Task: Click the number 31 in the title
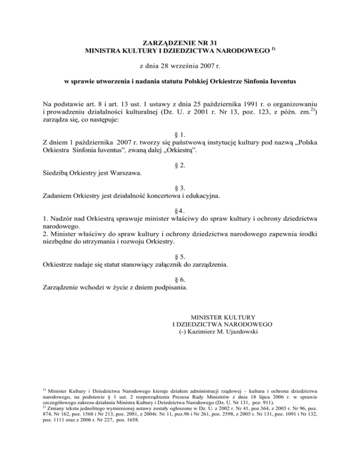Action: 208,41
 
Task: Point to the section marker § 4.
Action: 180,209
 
